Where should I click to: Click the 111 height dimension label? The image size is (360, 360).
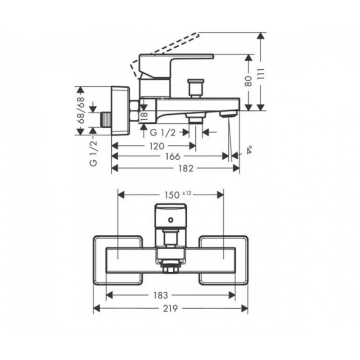pyautogui.click(x=261, y=74)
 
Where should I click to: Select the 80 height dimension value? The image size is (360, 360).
pyautogui.click(x=248, y=81)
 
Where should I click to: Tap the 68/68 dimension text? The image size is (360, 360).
pyautogui.click(x=81, y=110)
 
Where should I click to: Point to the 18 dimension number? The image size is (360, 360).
pyautogui.click(x=144, y=117)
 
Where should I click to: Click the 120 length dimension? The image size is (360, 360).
pyautogui.click(x=157, y=146)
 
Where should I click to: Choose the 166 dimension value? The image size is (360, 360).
pyautogui.click(x=173, y=157)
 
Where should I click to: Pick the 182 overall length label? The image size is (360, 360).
pyautogui.click(x=186, y=168)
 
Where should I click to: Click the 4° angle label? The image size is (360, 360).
pyautogui.click(x=249, y=149)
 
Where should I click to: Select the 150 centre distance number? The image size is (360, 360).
pyautogui.click(x=172, y=195)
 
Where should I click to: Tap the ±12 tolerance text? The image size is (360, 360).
pyautogui.click(x=187, y=193)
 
